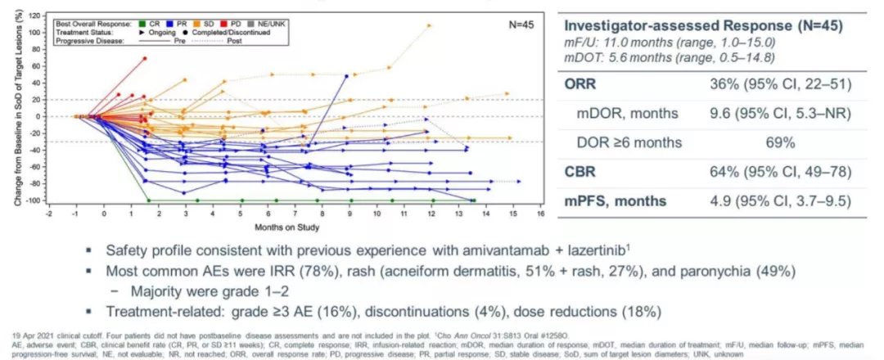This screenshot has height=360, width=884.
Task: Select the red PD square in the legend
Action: (225, 23)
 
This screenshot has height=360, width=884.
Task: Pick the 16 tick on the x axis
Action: (540, 214)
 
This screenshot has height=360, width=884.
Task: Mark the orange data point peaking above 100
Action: (429, 25)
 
